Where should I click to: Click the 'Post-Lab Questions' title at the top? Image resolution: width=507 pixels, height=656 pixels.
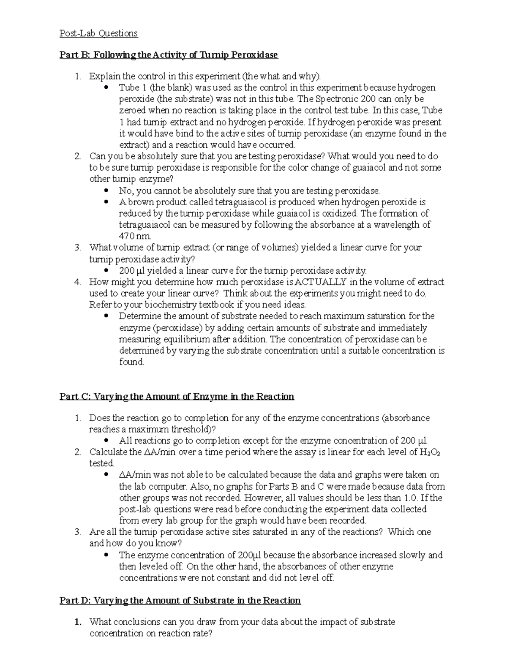[98, 33]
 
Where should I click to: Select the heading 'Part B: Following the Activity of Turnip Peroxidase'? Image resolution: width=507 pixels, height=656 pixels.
[169, 55]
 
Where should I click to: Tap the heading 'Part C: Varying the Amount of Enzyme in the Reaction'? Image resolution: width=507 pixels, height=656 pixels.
[177, 396]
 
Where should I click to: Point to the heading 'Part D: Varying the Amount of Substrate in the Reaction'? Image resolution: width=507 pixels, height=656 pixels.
[180, 600]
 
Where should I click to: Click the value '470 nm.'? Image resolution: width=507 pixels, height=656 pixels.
[135, 236]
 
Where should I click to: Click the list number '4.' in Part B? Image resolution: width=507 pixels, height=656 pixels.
[77, 282]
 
